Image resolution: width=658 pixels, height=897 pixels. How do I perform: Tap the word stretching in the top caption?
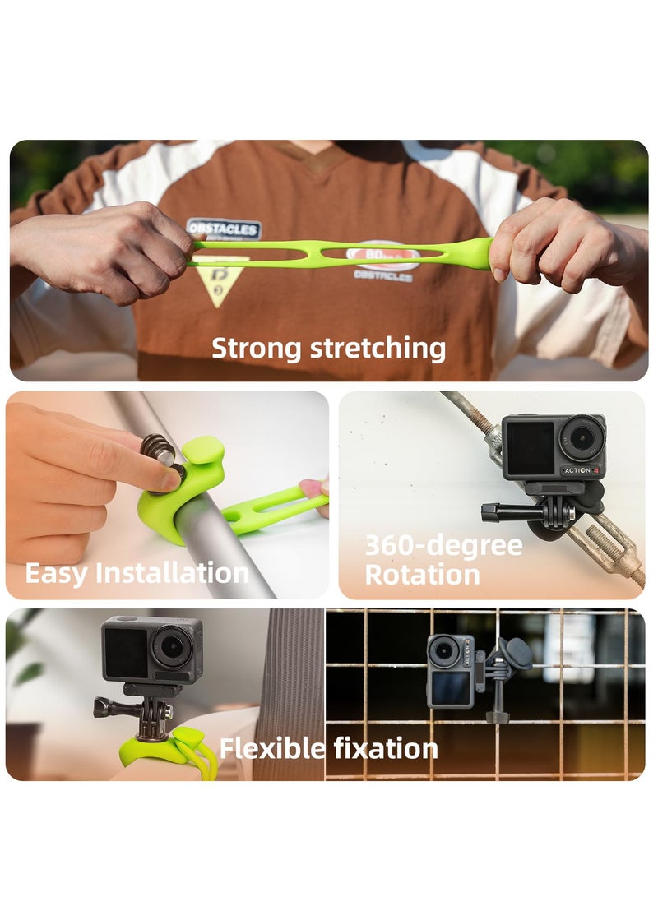click(x=378, y=349)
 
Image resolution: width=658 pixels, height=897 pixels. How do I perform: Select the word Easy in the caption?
click(x=56, y=572)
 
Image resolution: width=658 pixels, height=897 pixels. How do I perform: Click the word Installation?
click(x=172, y=572)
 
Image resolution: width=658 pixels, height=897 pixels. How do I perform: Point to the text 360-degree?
click(x=443, y=546)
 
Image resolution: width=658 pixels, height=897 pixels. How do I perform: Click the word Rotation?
click(x=422, y=575)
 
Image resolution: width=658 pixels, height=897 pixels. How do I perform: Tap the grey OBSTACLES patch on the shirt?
click(x=224, y=229)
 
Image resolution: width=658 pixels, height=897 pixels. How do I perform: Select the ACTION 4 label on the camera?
click(x=582, y=470)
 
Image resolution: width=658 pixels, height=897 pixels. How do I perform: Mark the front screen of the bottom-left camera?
click(x=126, y=653)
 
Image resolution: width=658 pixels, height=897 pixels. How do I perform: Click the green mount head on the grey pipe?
click(x=200, y=465)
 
